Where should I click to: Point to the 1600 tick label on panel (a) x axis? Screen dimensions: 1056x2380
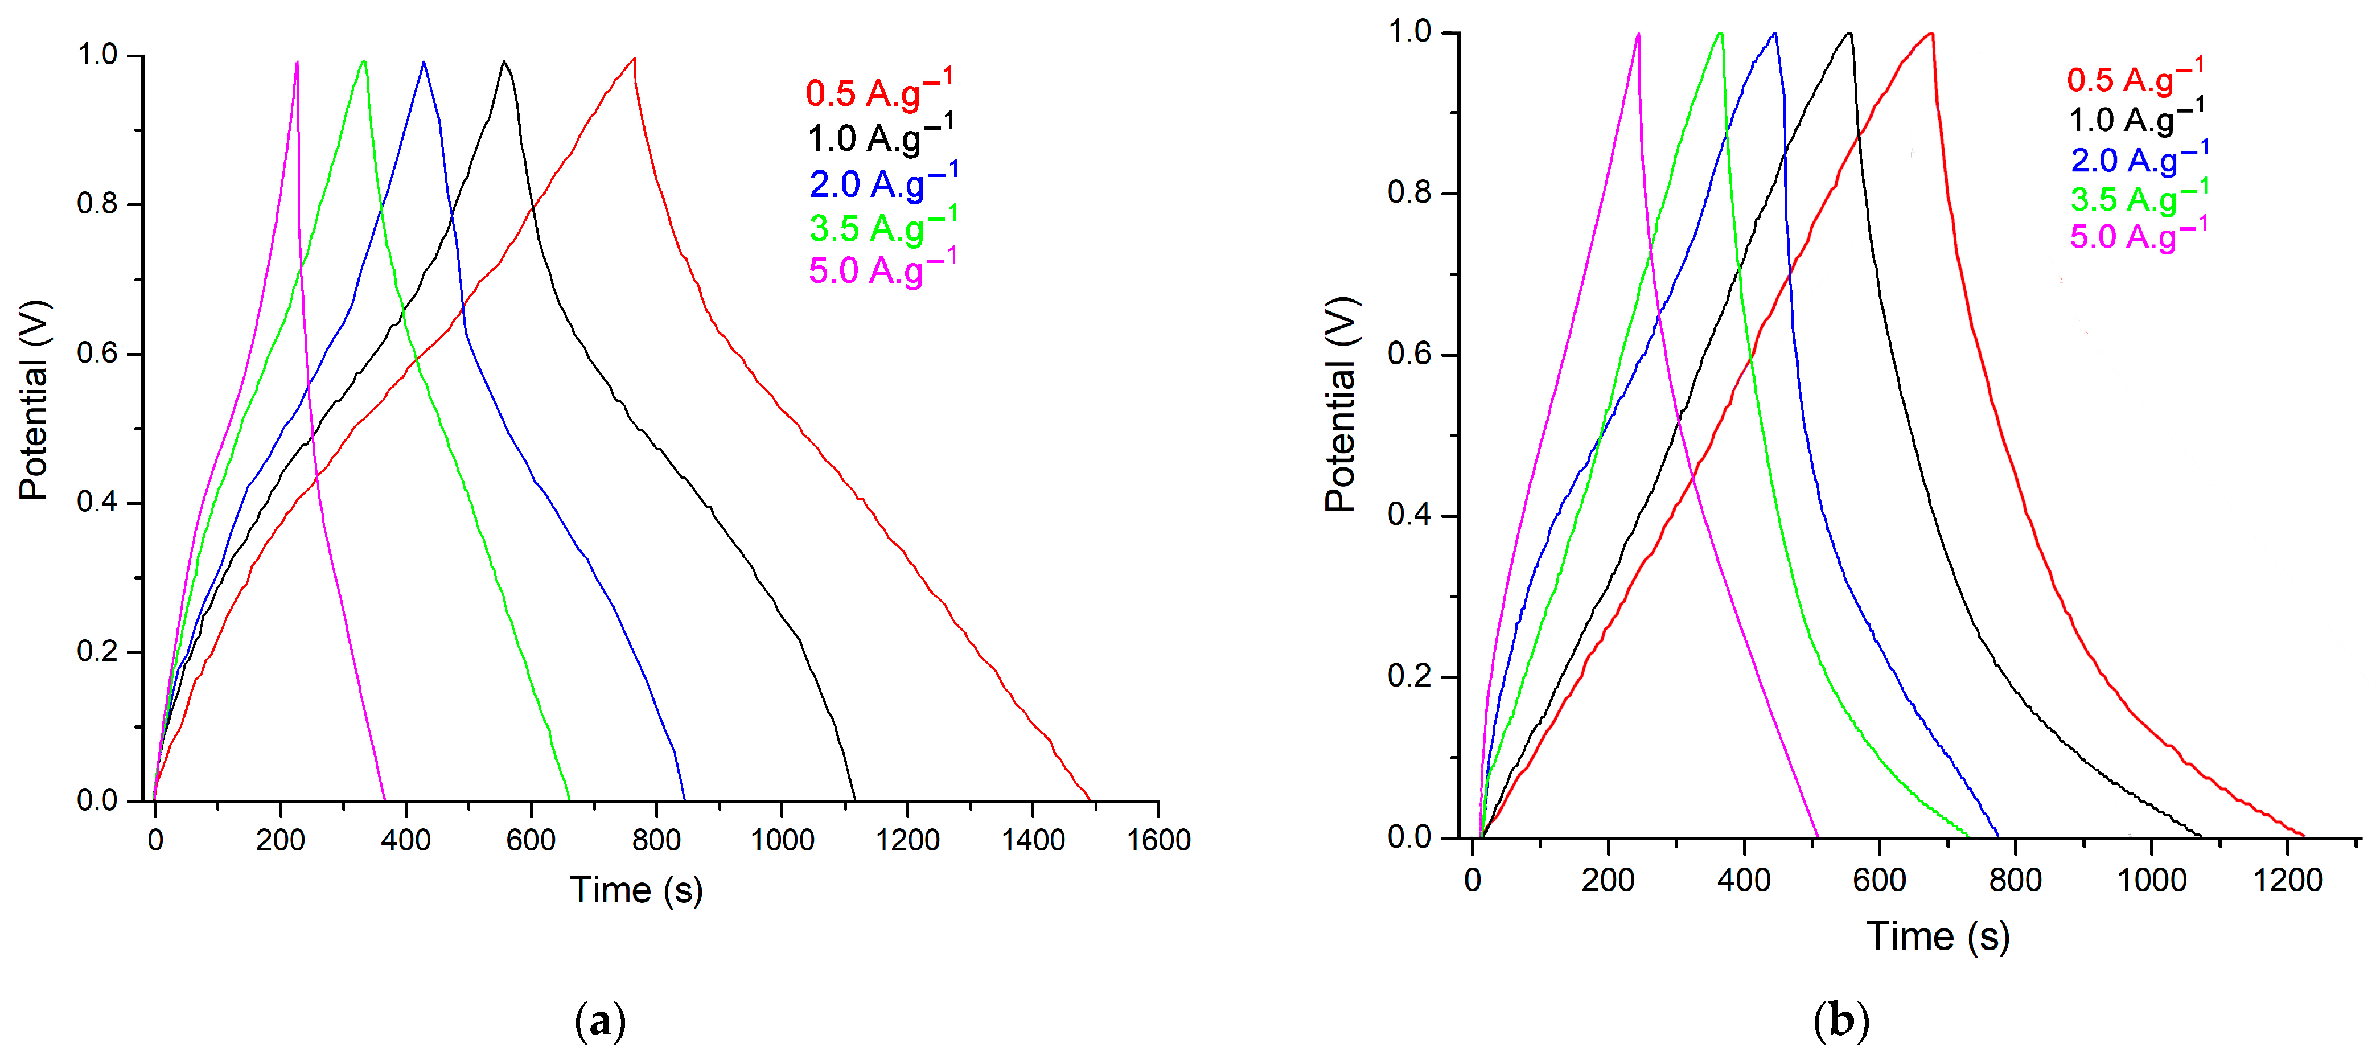[1158, 840]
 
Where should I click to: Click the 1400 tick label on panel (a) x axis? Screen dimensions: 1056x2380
[1033, 840]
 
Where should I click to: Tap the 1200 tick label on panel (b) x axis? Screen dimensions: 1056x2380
[2287, 880]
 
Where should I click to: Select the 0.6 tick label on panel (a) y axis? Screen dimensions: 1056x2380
[97, 354]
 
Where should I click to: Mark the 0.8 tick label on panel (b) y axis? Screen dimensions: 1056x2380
[1408, 193]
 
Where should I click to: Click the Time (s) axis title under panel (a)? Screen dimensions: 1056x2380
[636, 890]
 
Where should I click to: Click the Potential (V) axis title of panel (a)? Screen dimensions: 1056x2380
[33, 400]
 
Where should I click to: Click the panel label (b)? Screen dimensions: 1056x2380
[1840, 1021]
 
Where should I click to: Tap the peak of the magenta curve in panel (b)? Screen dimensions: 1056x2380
[1638, 34]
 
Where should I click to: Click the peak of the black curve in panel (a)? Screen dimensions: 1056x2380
[504, 62]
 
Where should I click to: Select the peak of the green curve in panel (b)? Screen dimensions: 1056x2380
[1720, 34]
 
